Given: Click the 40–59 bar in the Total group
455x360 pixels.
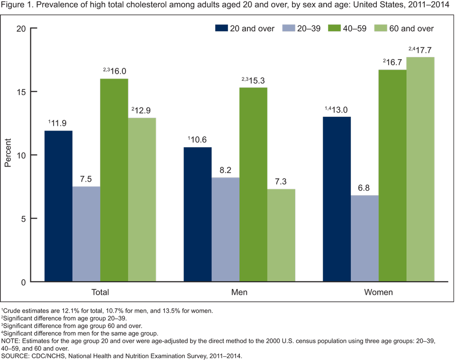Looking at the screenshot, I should point(114,180).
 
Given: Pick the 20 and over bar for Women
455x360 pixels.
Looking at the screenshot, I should point(337,199).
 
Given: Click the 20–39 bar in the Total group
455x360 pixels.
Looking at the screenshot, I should point(86,234).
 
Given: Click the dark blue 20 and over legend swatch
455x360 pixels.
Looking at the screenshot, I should point(220,28).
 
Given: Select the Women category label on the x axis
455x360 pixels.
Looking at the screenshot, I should point(378,292).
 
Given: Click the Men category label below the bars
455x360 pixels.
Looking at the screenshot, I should point(239,292).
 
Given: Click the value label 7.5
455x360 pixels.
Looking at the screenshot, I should point(86,179).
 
